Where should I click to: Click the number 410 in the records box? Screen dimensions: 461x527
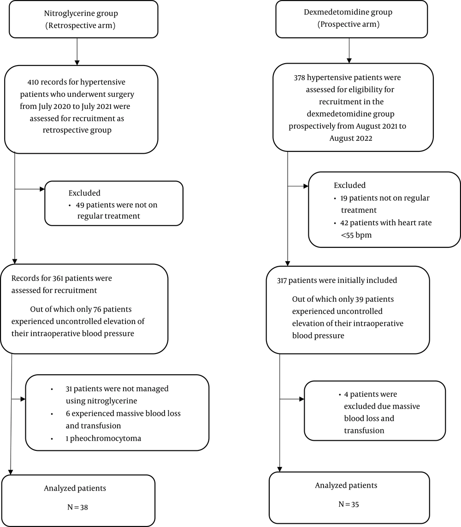pos(33,82)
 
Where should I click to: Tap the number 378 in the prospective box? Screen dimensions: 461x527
pos(299,78)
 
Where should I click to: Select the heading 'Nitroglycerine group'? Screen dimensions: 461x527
pos(81,13)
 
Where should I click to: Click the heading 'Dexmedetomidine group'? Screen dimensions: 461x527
pos(348,12)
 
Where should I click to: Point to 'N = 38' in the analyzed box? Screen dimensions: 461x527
pos(77,507)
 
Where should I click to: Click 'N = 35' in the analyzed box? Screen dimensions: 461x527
pos(349,504)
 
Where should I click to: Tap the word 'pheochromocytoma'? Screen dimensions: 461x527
pos(106,438)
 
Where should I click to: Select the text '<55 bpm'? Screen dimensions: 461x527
pos(356,235)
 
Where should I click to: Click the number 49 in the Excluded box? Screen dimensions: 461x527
pos(80,205)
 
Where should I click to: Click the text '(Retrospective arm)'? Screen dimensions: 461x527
pos(80,25)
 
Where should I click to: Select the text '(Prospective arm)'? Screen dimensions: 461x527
pos(349,24)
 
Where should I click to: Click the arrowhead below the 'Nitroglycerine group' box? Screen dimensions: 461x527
pos(77,63)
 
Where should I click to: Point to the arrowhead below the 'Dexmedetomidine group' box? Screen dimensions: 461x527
pos(349,61)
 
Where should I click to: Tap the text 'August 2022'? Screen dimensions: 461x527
pos(350,138)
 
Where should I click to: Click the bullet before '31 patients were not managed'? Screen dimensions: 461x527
pos(52,389)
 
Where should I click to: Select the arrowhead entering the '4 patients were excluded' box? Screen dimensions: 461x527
pos(302,399)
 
